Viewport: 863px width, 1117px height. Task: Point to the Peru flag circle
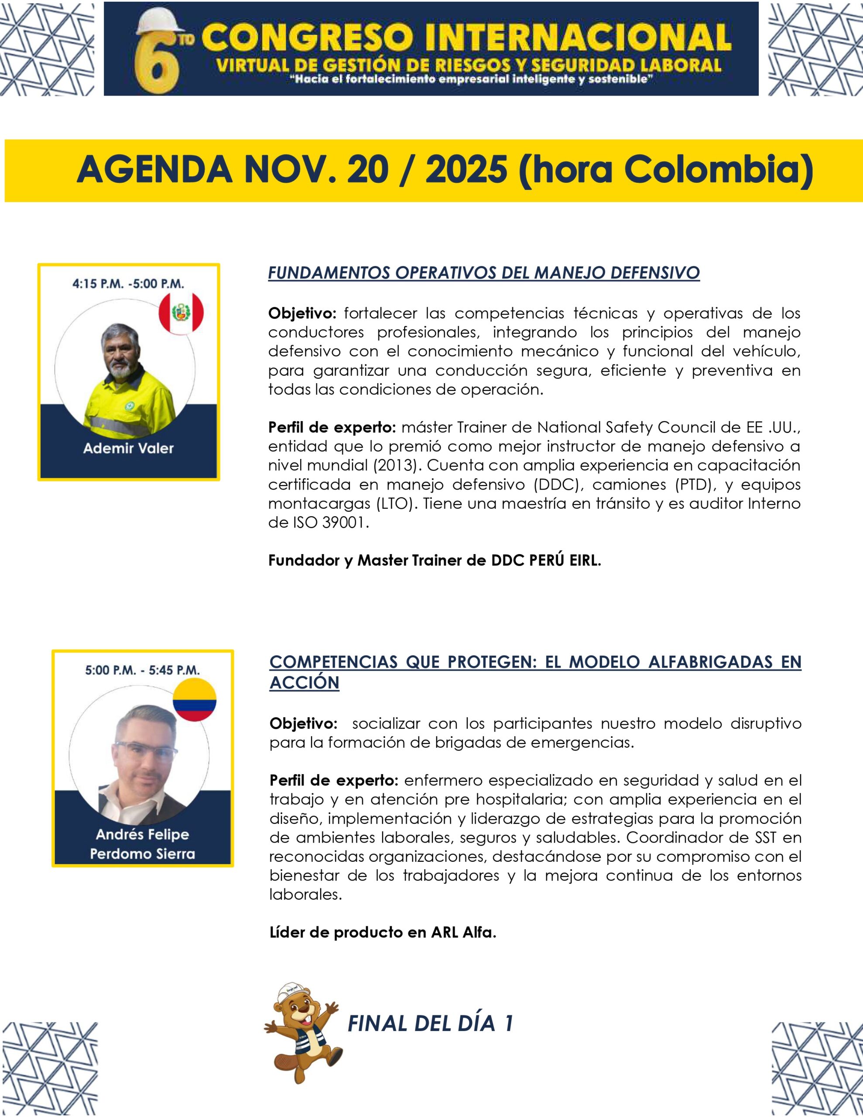[x=181, y=312]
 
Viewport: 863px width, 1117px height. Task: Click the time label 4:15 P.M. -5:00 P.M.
[x=128, y=283]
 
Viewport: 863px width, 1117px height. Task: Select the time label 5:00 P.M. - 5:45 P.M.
[x=142, y=669]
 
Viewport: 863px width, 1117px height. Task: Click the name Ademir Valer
[x=128, y=449]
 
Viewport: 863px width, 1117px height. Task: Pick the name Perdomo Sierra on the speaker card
[x=142, y=853]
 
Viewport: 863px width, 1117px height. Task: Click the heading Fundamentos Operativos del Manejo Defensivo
[x=483, y=273]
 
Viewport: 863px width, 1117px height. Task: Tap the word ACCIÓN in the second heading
[x=305, y=682]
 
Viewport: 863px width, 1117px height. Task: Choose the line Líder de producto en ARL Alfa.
[x=383, y=932]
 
